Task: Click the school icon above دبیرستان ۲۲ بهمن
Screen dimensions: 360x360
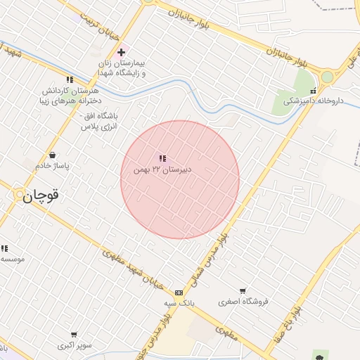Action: (x=162, y=159)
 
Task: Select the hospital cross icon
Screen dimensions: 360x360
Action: (x=121, y=51)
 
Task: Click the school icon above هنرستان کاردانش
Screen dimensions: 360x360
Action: (x=69, y=79)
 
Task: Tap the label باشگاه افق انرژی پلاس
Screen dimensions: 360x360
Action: (x=99, y=120)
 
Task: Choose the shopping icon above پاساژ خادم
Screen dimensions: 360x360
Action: (x=53, y=155)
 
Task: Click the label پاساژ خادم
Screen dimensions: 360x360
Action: (x=52, y=165)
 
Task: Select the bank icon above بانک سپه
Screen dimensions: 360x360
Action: (x=179, y=292)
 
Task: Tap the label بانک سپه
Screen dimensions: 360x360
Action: (x=181, y=303)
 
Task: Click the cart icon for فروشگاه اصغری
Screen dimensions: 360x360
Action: (x=243, y=290)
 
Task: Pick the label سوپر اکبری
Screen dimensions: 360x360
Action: (x=75, y=346)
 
